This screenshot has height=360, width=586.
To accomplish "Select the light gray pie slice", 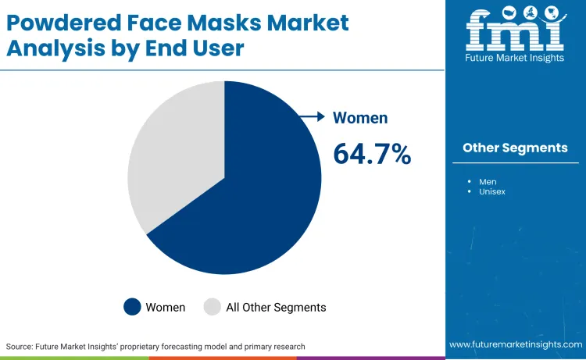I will (168, 156).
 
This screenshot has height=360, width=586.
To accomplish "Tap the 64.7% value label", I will (372, 154).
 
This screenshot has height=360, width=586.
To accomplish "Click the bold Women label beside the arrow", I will (360, 118).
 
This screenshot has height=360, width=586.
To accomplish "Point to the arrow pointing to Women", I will (313, 117).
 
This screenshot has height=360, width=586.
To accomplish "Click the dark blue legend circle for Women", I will (132, 307).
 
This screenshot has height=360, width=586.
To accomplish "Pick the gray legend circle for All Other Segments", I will (212, 307).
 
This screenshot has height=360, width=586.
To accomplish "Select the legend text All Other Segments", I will (276, 307).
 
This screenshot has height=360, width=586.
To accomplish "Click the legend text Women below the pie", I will (166, 307).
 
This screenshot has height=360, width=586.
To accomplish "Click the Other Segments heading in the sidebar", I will (515, 148).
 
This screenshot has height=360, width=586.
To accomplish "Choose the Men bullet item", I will (488, 181).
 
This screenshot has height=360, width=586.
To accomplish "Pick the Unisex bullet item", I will (492, 191).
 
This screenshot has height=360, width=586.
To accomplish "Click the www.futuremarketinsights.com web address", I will (515, 344).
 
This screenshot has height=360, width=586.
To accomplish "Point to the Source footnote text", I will (155, 346).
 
